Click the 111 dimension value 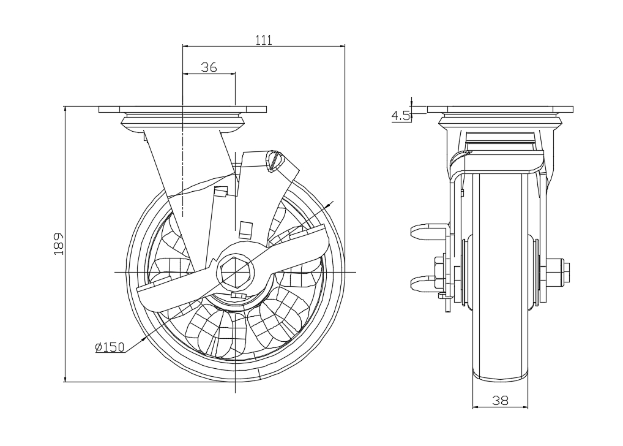[263, 40]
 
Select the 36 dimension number [209, 67]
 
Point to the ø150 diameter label [110, 347]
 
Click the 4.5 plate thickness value [401, 115]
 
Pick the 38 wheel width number [500, 401]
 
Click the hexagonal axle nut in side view [236, 270]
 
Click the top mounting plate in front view [500, 110]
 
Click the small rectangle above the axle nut [245, 229]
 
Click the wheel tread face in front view [500, 276]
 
